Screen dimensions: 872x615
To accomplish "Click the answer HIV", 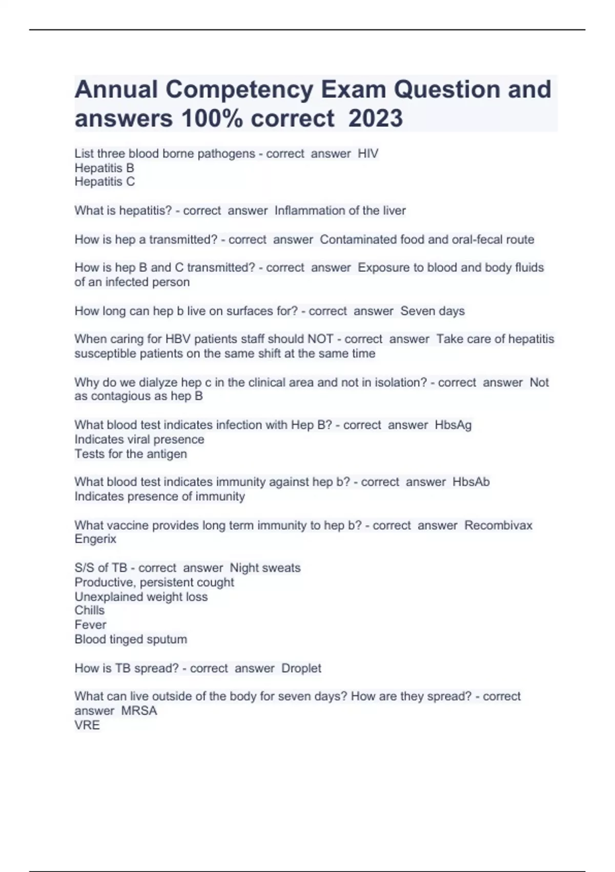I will (368, 153).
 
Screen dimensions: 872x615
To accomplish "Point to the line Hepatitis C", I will (105, 182).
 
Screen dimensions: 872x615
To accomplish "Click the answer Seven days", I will (433, 311).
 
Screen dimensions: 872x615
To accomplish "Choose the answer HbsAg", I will (453, 425).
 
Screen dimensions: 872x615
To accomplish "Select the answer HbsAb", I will (471, 482).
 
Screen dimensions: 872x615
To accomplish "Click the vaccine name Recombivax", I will (498, 525).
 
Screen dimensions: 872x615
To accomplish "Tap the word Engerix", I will (95, 539).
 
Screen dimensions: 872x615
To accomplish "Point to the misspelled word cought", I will (215, 582).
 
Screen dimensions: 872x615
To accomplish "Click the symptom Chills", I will (90, 610).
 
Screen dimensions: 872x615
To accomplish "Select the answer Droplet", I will (301, 668).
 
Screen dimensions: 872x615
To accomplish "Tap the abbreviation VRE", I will (87, 725).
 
